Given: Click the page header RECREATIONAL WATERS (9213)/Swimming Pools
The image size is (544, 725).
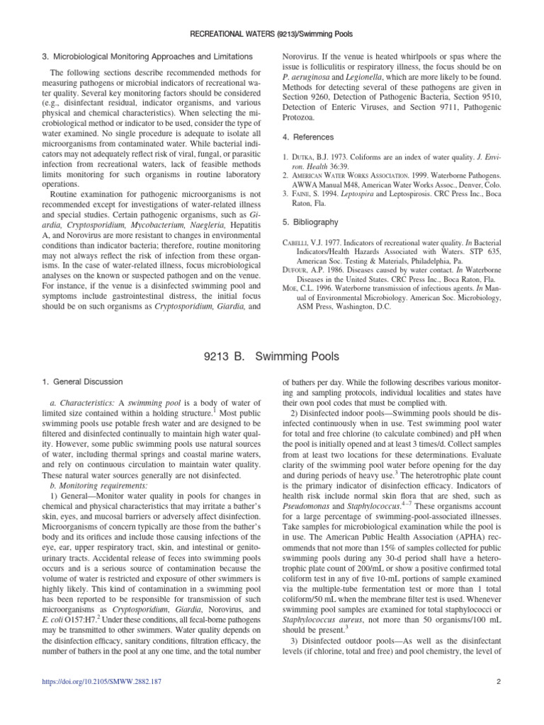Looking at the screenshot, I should click(x=272, y=33).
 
